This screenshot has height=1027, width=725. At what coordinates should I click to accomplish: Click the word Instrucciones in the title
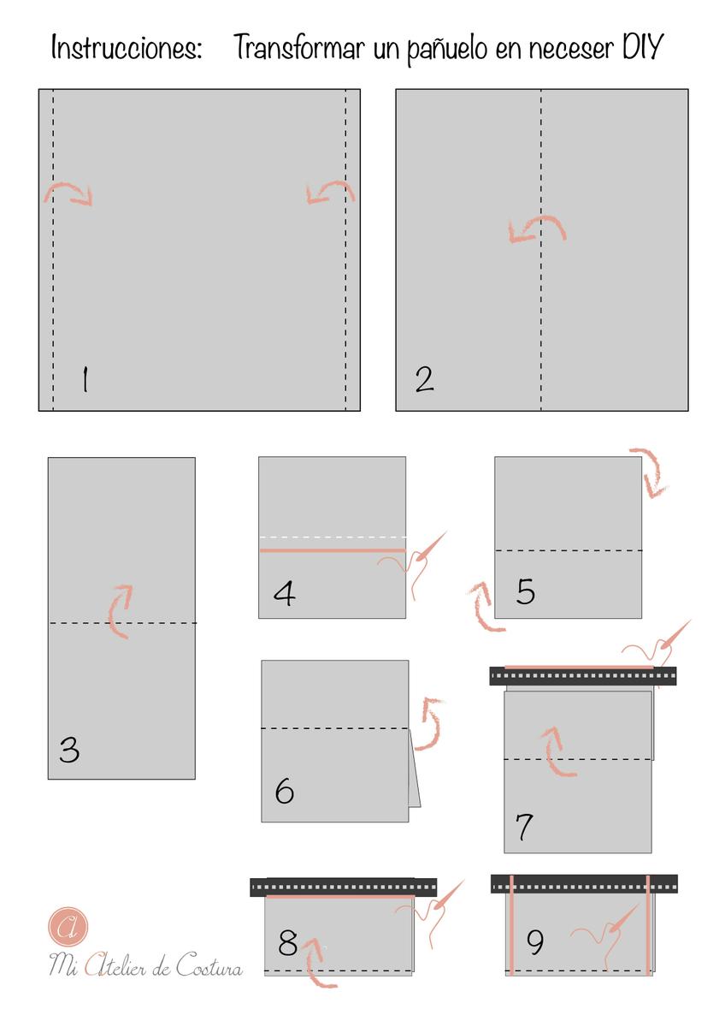click(127, 48)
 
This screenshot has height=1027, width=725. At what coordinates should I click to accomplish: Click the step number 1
click(84, 379)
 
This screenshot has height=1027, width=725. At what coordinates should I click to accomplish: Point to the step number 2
click(424, 379)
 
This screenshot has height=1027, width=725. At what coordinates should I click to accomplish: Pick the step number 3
click(69, 751)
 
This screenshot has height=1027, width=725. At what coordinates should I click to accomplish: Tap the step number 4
click(284, 592)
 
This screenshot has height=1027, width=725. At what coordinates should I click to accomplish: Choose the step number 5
click(526, 591)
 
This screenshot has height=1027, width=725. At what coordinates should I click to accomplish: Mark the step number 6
click(285, 792)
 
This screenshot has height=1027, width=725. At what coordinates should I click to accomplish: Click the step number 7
click(525, 827)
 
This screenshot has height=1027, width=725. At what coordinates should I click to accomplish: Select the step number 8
click(288, 943)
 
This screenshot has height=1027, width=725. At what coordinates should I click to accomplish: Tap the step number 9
click(535, 942)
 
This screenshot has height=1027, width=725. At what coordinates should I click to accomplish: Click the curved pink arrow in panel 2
click(536, 229)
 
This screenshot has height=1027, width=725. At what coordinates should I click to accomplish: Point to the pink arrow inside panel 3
click(121, 611)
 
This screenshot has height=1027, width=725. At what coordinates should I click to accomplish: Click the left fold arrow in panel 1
click(68, 193)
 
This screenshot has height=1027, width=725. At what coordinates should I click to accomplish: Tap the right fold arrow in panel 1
click(330, 192)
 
